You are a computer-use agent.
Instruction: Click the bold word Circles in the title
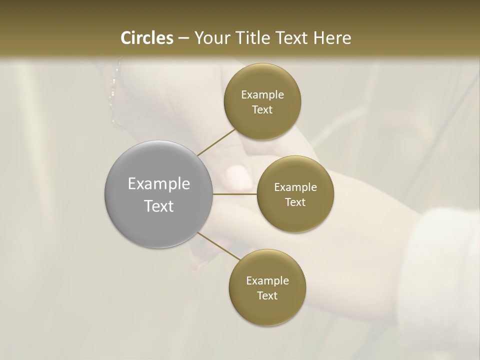(x=147, y=38)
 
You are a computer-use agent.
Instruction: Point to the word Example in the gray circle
(x=159, y=184)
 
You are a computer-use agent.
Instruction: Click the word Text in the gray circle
(x=159, y=206)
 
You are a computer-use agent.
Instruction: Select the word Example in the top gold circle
(x=262, y=95)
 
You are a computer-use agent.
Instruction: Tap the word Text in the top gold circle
(x=262, y=109)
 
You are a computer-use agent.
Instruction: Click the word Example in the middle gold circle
(x=295, y=187)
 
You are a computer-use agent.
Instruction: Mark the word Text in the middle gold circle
(x=295, y=202)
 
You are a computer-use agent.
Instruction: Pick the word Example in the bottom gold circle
(x=267, y=281)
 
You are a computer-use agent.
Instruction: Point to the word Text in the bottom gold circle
(x=267, y=295)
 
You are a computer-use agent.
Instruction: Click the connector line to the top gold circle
(x=216, y=142)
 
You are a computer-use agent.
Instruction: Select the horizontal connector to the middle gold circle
(x=235, y=193)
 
